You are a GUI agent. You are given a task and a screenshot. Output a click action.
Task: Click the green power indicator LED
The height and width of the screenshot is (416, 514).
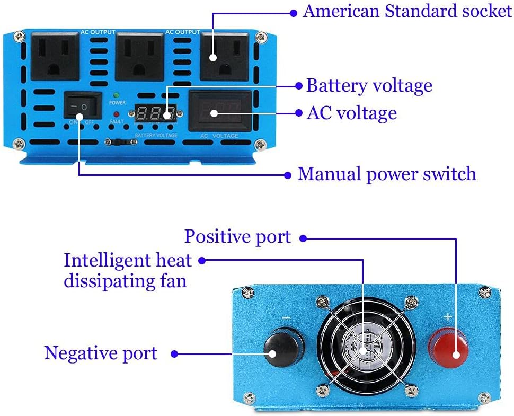[x=116, y=95]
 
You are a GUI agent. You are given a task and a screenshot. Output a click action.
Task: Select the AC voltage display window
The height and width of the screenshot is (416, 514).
[x=220, y=112]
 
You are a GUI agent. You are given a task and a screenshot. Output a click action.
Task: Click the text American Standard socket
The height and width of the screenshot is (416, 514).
[x=407, y=12]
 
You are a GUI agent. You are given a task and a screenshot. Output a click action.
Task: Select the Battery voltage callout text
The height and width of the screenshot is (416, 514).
[x=369, y=85]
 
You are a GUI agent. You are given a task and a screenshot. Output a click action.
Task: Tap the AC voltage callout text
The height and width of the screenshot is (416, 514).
[x=351, y=113]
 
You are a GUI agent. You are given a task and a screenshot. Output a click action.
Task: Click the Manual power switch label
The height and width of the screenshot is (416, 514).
[x=386, y=174]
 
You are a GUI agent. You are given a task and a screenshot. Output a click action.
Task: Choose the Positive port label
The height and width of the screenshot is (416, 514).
[x=237, y=236]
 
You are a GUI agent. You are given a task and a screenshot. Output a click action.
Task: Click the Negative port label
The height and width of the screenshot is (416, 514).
[x=101, y=353]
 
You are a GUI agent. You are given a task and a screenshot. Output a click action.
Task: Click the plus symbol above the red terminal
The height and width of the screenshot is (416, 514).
[x=448, y=317]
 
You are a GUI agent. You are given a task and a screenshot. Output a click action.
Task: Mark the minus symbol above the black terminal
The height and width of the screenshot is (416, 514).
[x=286, y=318]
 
